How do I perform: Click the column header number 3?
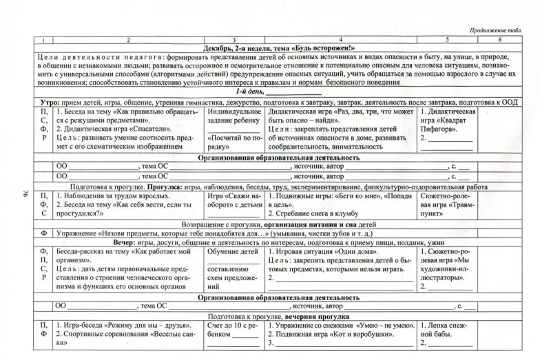click(x=234, y=40)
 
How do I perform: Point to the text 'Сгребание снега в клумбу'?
click(x=320, y=214)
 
